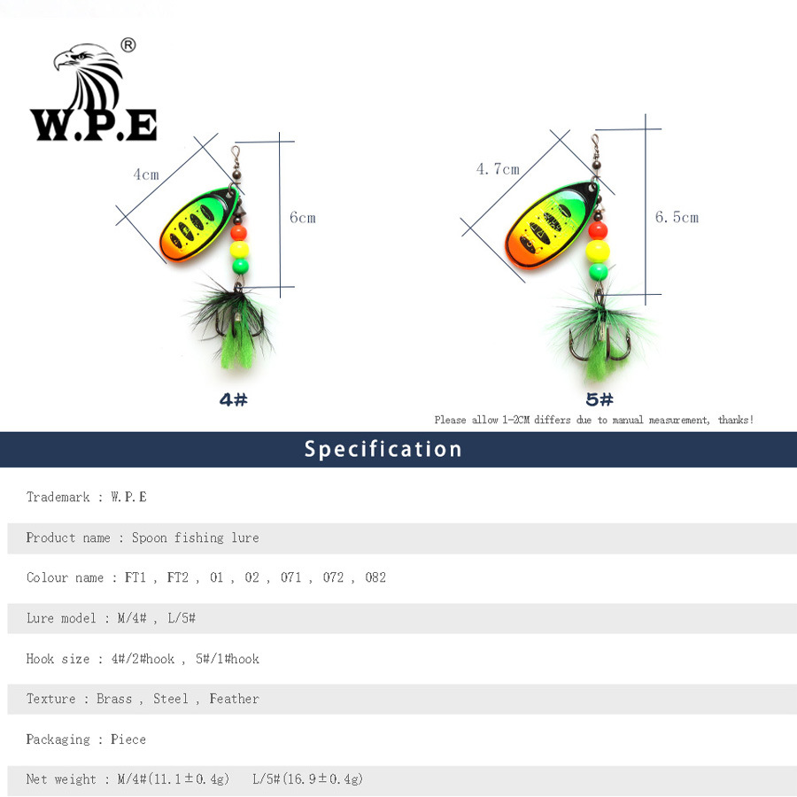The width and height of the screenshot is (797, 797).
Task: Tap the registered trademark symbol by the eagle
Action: (128, 45)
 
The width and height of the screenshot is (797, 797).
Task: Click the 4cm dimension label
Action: (146, 174)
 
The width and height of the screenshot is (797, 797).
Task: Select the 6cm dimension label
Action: (303, 218)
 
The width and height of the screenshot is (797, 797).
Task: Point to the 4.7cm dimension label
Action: (498, 169)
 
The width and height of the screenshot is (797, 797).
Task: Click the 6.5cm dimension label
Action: (677, 218)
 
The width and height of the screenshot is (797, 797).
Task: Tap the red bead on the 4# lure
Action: (239, 233)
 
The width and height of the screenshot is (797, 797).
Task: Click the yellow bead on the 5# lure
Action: (597, 251)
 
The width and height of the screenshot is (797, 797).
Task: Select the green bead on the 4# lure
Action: (240, 266)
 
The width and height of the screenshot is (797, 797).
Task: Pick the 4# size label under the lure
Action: (233, 399)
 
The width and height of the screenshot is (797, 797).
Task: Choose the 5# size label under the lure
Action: (600, 399)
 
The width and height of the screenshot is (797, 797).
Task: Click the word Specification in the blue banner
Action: (383, 449)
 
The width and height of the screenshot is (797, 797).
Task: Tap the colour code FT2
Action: (177, 577)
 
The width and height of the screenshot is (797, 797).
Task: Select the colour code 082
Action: (375, 577)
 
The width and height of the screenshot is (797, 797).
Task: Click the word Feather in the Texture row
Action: (235, 699)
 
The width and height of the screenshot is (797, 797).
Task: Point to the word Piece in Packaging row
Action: (128, 739)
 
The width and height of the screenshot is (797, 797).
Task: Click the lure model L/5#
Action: (182, 618)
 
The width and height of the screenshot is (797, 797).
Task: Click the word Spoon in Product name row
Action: (150, 538)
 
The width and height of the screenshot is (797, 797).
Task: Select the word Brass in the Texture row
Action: (114, 699)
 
